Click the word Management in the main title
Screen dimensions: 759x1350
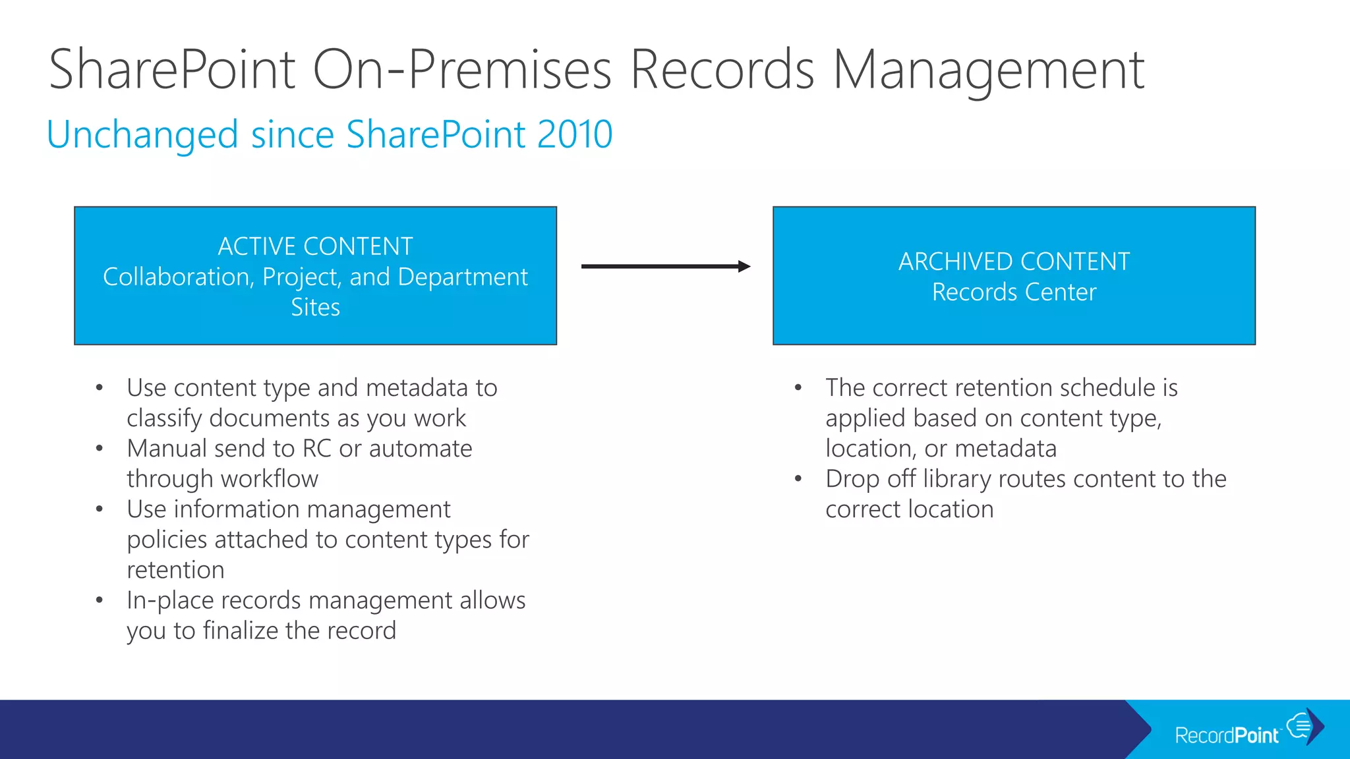coord(989,70)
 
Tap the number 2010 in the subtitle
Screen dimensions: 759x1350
coord(575,134)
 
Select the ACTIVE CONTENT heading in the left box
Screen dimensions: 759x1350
coord(315,246)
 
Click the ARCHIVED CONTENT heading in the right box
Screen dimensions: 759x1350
coord(1014,262)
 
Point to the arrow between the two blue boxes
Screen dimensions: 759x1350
coord(666,266)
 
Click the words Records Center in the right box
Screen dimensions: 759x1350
coord(1014,292)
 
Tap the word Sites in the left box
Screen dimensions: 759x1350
coord(315,307)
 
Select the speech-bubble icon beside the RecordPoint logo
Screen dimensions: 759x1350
coord(1300,725)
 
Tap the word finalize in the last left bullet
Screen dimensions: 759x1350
coord(241,631)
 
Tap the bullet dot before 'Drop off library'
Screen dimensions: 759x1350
coord(798,479)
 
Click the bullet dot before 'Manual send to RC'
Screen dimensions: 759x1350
coord(99,449)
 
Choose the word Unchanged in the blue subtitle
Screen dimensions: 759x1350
coord(142,134)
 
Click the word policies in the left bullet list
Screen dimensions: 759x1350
coord(167,540)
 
